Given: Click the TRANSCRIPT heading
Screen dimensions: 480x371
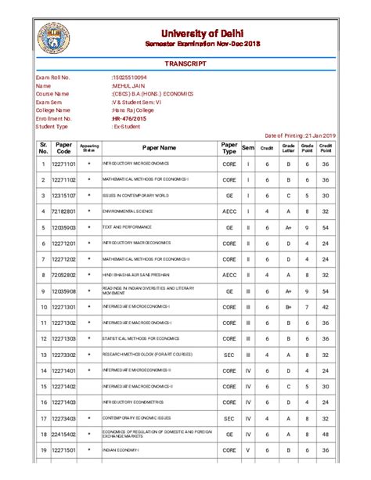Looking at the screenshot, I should [x=186, y=62].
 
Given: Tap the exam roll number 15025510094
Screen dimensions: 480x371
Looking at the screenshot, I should [x=131, y=78].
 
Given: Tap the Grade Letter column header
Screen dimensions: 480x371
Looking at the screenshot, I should [x=288, y=148].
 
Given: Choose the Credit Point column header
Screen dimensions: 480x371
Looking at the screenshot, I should [x=326, y=148].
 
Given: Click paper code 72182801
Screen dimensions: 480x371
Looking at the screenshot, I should [x=63, y=211].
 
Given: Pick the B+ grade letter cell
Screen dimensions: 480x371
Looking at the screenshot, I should [x=288, y=307].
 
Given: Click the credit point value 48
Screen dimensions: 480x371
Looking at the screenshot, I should [x=326, y=434].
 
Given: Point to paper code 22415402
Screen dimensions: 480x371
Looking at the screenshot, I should [x=63, y=434].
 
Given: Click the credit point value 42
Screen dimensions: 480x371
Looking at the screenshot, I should [x=326, y=307].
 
